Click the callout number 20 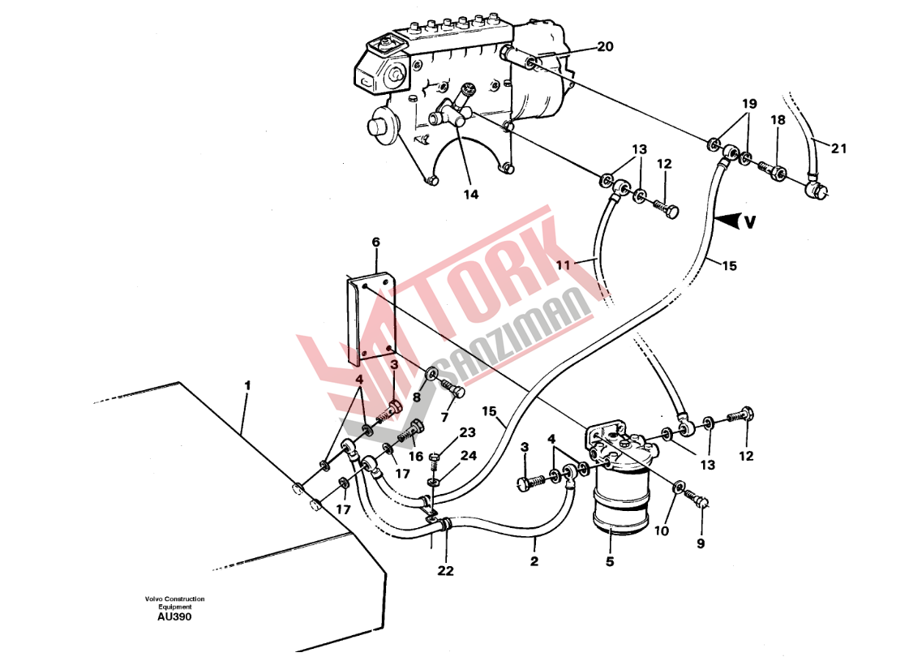click(605, 47)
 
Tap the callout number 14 click(471, 195)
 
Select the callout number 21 click(838, 148)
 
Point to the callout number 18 click(778, 120)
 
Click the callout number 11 click(564, 264)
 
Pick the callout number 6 click(375, 242)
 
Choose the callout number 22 click(445, 571)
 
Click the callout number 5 click(610, 560)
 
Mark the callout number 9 click(701, 543)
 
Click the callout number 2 click(534, 561)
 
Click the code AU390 click(175, 616)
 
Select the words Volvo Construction click(175, 599)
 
